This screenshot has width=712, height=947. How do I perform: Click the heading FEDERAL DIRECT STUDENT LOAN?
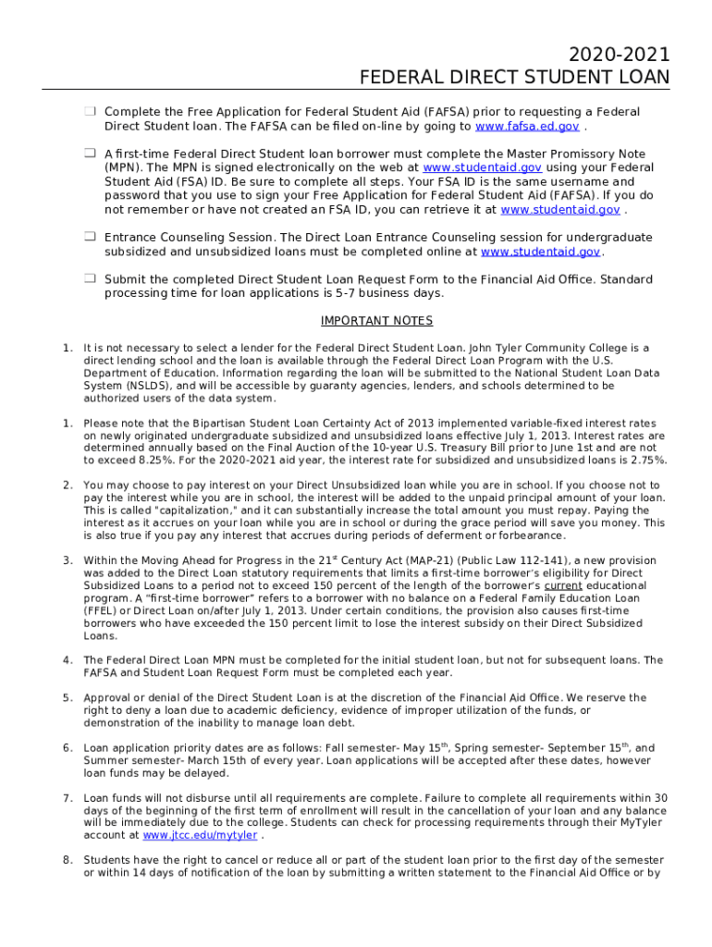[x=514, y=78]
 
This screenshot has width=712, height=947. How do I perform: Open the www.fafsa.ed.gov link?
[x=527, y=127]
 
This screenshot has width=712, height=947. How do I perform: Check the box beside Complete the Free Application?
[x=91, y=112]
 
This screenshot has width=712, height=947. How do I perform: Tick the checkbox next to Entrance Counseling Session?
[x=91, y=238]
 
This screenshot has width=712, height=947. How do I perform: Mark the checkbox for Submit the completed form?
[x=91, y=279]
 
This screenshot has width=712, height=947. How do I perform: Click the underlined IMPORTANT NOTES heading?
[x=376, y=322]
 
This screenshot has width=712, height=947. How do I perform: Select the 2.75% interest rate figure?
[x=649, y=460]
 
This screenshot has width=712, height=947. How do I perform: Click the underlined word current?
[x=563, y=585]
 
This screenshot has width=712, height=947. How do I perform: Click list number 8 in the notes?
[x=68, y=860]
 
